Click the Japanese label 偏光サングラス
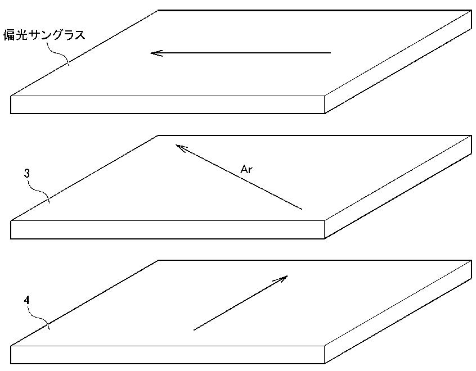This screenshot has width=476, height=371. pos(44,35)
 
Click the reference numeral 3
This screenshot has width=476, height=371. pos(27,173)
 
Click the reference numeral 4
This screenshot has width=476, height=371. pos(27,300)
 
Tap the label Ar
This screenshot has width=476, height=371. pos(246,169)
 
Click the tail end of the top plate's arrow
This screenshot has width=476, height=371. pos(331,53)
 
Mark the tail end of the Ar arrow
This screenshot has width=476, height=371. pos(302,209)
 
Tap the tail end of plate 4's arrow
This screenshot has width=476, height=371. pos(194,330)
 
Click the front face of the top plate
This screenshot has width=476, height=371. pos(168,105)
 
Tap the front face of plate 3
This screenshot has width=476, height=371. pos(168,230)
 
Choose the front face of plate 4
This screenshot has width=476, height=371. pos(168,355)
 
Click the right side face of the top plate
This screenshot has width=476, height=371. pos(398,62)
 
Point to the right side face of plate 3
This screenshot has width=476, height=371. pos(398,187)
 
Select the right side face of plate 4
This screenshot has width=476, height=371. pos(398,312)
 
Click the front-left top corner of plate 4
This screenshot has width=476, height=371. pos(11,346)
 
